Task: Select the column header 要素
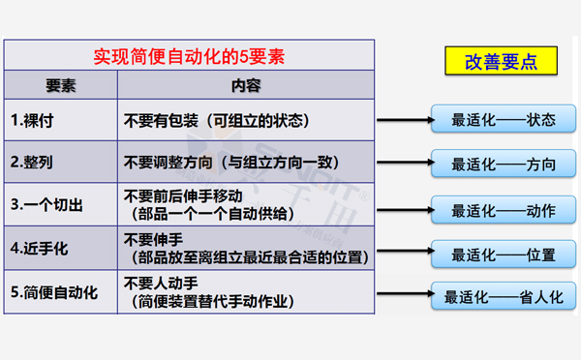61,85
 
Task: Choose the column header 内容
246,85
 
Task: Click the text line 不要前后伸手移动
192,195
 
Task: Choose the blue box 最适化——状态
504,121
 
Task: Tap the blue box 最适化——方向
504,165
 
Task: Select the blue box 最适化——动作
504,209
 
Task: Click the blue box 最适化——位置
504,255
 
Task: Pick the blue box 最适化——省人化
504,297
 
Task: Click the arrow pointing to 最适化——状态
403,121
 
